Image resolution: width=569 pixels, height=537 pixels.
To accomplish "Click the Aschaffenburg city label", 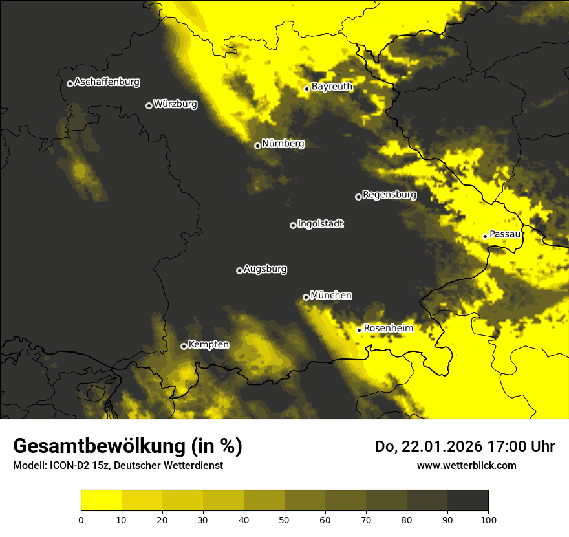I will [x=107, y=82].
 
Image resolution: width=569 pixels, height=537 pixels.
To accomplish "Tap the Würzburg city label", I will [x=175, y=104].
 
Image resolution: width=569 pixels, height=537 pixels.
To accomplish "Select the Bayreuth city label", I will [x=332, y=87].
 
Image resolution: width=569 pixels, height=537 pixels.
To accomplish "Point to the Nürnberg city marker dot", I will [x=257, y=146].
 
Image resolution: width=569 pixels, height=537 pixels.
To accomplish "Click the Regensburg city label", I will [x=389, y=195].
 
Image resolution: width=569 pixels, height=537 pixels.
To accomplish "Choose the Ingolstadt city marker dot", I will [x=293, y=225].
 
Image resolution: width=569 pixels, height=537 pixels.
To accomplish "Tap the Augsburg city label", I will [x=265, y=269].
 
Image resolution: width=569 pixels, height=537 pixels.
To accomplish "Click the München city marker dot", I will [x=306, y=297].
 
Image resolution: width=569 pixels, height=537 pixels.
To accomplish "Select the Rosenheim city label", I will [x=388, y=329].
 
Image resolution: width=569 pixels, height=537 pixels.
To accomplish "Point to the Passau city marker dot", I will [x=485, y=236].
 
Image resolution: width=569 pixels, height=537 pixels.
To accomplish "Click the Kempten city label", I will [x=208, y=345].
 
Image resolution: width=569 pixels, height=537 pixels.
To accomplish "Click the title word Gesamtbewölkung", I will [x=101, y=446].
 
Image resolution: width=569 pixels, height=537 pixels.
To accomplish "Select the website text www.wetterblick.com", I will [x=466, y=465].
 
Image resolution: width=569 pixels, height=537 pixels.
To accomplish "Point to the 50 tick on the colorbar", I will [x=284, y=519].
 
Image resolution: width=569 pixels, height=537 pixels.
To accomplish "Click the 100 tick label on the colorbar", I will [x=488, y=519].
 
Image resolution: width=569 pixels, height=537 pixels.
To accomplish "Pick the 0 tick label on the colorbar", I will [x=81, y=519].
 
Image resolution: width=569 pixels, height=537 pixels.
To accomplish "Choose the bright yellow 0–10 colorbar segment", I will [x=101, y=501].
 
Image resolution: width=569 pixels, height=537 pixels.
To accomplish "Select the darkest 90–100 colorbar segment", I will [x=467, y=501].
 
